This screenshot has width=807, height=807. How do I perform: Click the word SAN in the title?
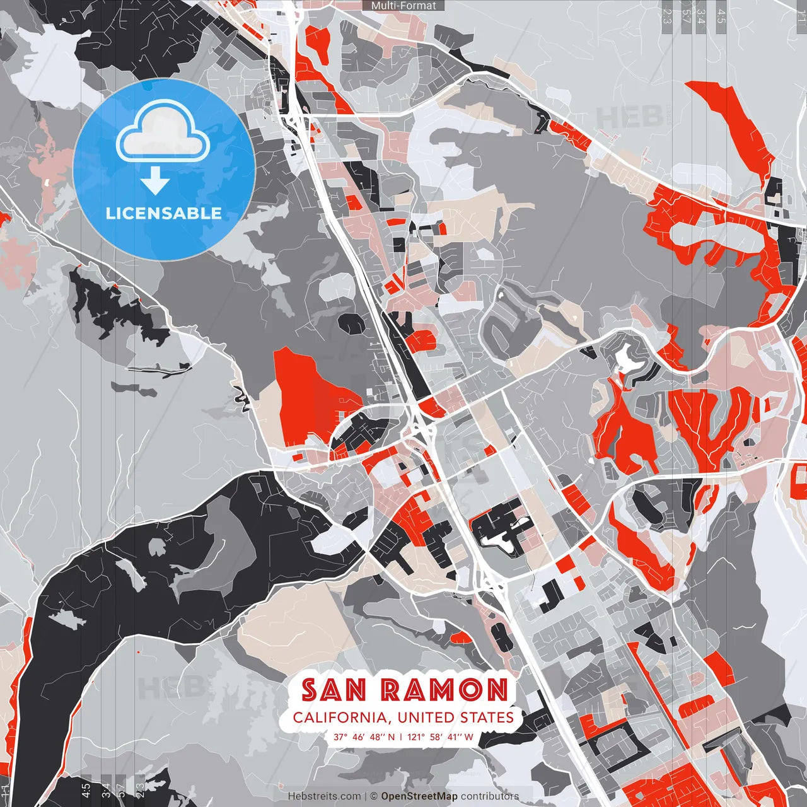point(334,690)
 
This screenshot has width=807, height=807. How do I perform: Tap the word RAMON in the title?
point(445,690)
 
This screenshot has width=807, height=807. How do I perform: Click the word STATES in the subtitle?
point(487,717)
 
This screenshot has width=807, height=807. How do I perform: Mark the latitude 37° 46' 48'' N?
point(364,736)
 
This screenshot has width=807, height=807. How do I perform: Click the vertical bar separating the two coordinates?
point(401,736)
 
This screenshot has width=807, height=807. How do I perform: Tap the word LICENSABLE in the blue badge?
point(164,213)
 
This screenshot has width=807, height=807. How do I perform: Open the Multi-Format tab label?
point(403,6)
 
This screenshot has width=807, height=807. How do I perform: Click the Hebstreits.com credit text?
point(325,796)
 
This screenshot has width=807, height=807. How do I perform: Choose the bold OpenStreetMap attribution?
point(419,796)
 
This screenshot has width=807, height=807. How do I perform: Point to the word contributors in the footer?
point(490,796)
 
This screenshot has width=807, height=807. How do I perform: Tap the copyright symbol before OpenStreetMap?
point(374,796)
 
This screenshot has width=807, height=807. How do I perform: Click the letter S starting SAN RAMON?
point(310,690)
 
